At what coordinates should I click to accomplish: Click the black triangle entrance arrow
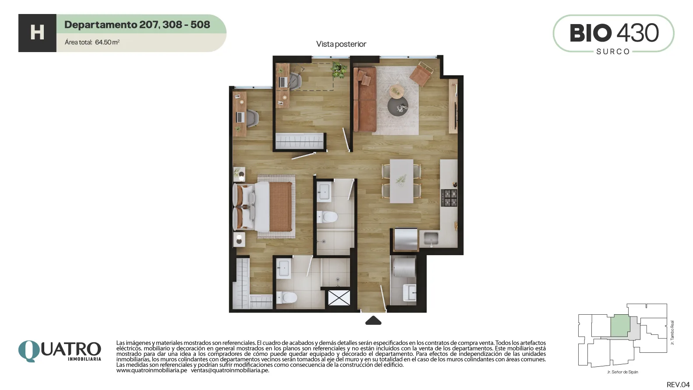point(373,320)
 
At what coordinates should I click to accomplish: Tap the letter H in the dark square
point(37,33)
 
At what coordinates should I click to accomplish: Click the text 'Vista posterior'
point(341,44)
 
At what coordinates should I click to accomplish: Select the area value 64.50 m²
point(107,42)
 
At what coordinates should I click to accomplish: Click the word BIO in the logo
point(590,33)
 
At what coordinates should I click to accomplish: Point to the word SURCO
point(613,52)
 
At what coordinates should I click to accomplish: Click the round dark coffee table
point(398,106)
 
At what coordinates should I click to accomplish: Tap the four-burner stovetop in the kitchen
point(449,198)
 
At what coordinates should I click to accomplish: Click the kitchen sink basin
point(431,239)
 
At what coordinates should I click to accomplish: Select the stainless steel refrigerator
point(405,239)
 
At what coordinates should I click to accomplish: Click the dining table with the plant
point(401,181)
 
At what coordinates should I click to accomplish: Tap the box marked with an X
point(339,298)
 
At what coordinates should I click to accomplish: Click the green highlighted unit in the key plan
point(620,326)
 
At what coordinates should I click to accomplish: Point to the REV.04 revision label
point(678,385)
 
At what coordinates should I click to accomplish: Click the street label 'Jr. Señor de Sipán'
point(622,372)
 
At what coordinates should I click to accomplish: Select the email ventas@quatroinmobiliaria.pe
point(230,370)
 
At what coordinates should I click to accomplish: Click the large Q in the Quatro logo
point(29,351)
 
